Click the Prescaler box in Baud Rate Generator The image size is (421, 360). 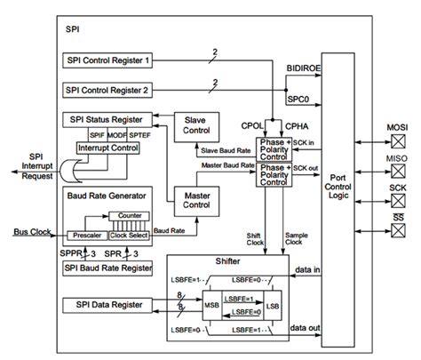87,236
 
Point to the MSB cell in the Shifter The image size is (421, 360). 213,305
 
